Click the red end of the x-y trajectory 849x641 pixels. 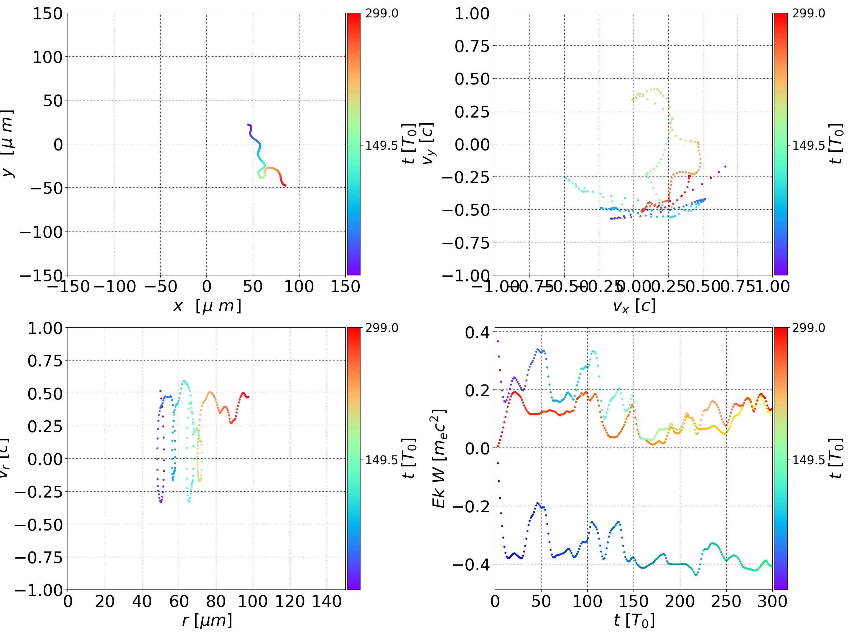(285, 186)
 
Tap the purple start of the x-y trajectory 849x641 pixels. (248, 125)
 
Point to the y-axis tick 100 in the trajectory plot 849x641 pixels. (47, 57)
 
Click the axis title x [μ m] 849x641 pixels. (207, 306)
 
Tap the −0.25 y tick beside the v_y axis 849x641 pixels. (466, 177)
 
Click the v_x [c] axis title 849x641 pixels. (634, 306)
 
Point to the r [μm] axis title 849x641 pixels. (207, 621)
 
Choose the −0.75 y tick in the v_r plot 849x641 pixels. (39, 557)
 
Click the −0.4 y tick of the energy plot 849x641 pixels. (472, 565)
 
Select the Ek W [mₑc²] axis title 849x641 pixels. (439, 458)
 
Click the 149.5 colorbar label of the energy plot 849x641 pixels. (809, 460)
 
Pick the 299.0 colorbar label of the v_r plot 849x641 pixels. (381, 328)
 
